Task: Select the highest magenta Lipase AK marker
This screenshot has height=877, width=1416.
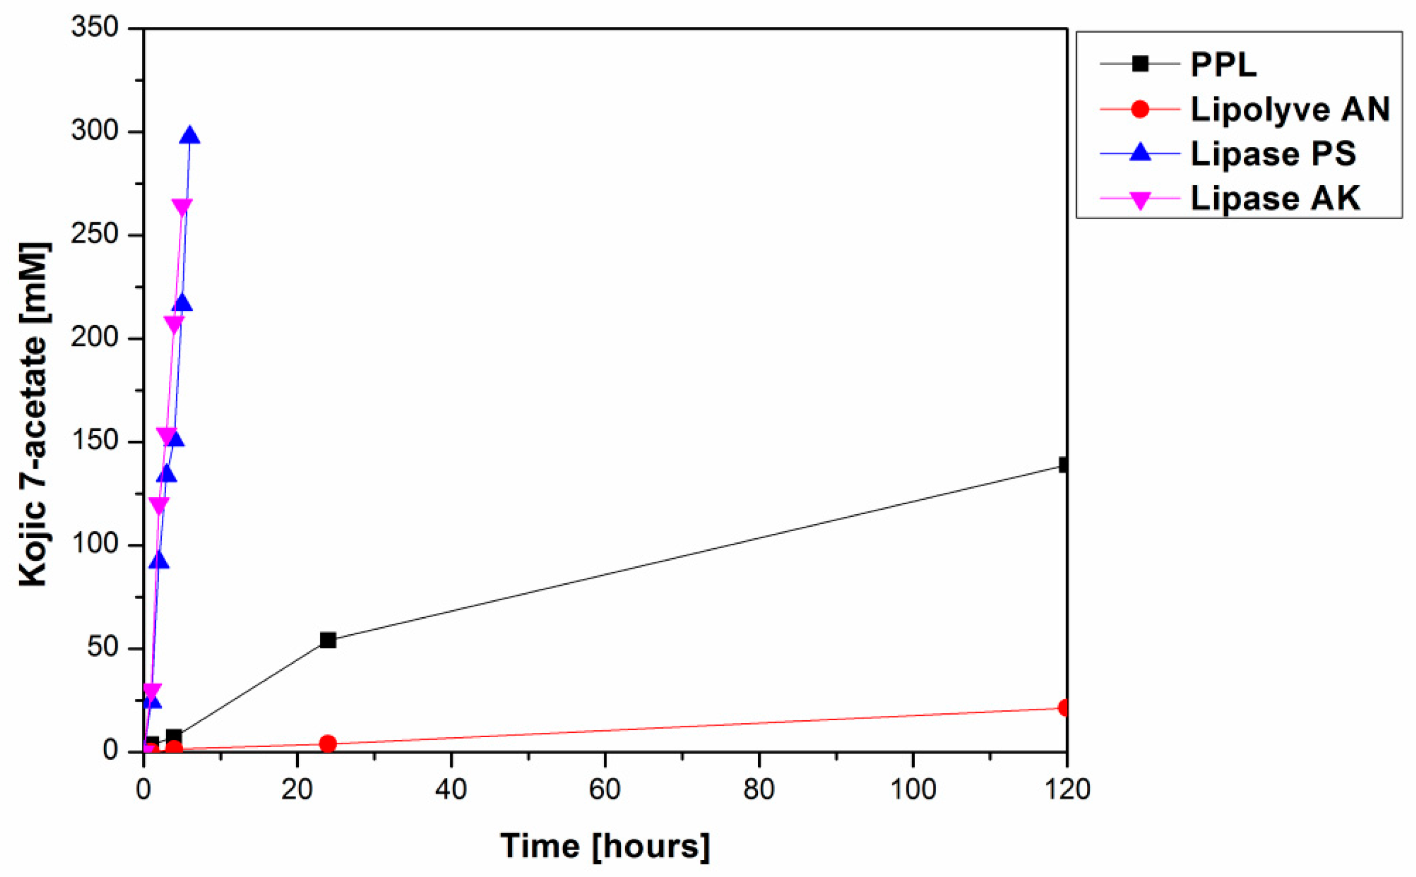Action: [182, 207]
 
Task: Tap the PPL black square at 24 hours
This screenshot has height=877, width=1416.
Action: [328, 640]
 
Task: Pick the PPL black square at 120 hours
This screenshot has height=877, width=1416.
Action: [1065, 465]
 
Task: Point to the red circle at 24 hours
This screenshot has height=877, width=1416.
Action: [328, 744]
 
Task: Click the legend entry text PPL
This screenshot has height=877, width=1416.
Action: [1224, 64]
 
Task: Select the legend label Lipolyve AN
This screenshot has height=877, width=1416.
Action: [1289, 109]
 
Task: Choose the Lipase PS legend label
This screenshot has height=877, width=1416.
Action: [1273, 153]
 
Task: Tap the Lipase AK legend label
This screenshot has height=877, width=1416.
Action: [1275, 198]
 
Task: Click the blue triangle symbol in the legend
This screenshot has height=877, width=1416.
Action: [1140, 153]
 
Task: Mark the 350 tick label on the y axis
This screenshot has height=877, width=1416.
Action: [94, 27]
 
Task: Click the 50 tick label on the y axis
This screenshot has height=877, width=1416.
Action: [103, 647]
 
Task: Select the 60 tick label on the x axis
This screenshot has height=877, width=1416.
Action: [605, 790]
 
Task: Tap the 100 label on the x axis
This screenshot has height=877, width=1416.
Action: [913, 790]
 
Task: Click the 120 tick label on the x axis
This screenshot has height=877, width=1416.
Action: [1067, 790]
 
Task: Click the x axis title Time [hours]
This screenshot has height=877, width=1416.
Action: [605, 846]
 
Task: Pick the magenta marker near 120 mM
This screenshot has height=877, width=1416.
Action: [159, 505]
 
